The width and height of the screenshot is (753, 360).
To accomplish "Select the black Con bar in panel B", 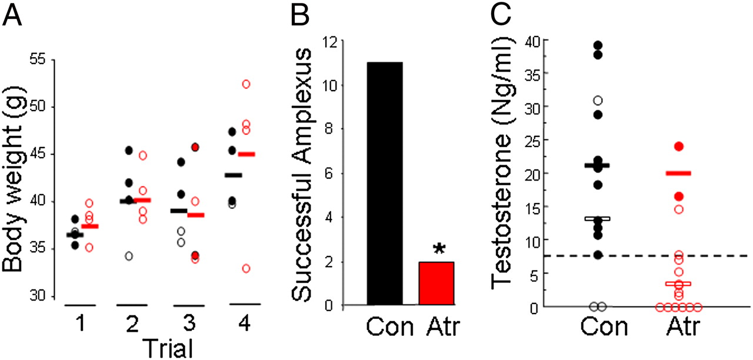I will tap(385, 184).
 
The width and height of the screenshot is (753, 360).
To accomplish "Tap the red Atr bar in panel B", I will tap(436, 284).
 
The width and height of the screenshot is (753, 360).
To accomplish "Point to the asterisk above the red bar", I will tap(438, 250).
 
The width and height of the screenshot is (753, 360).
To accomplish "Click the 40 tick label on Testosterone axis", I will tap(534, 40).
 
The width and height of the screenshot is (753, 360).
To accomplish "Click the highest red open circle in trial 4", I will tap(246, 84).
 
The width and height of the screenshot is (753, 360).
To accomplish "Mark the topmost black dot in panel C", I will tap(598, 45).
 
